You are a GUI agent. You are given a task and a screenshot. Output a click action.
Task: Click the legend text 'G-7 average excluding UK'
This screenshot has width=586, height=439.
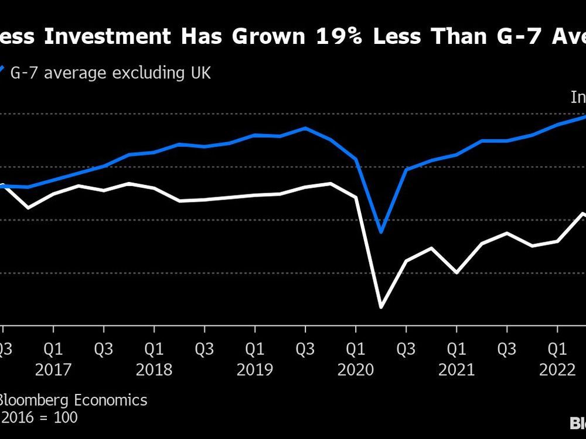[x=110, y=73]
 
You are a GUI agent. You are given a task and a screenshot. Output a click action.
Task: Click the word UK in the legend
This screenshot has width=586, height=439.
[x=199, y=73]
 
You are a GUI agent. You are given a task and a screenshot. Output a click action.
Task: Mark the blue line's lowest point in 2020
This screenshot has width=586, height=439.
[x=381, y=232]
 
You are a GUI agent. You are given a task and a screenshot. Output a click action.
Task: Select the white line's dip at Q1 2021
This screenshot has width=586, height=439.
[x=456, y=273]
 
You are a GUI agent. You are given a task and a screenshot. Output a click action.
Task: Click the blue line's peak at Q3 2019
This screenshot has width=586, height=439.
[x=305, y=128]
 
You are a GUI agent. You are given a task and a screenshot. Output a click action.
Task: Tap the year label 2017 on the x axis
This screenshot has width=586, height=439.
[x=53, y=370]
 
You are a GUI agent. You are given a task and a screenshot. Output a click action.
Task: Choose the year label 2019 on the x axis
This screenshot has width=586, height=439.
[x=254, y=370]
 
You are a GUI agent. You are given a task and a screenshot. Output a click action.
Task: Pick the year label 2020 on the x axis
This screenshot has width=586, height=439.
[x=355, y=370]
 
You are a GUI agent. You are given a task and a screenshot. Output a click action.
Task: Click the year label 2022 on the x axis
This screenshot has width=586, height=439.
[x=557, y=370]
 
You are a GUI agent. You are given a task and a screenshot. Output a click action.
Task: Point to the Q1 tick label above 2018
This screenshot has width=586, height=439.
[x=154, y=349]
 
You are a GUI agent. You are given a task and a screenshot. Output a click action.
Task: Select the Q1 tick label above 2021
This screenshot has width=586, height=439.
[x=456, y=349]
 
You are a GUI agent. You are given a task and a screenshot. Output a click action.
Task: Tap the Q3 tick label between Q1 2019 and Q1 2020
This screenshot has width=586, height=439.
[x=305, y=349]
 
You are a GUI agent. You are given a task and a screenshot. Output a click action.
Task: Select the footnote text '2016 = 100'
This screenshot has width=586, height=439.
[x=39, y=418]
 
